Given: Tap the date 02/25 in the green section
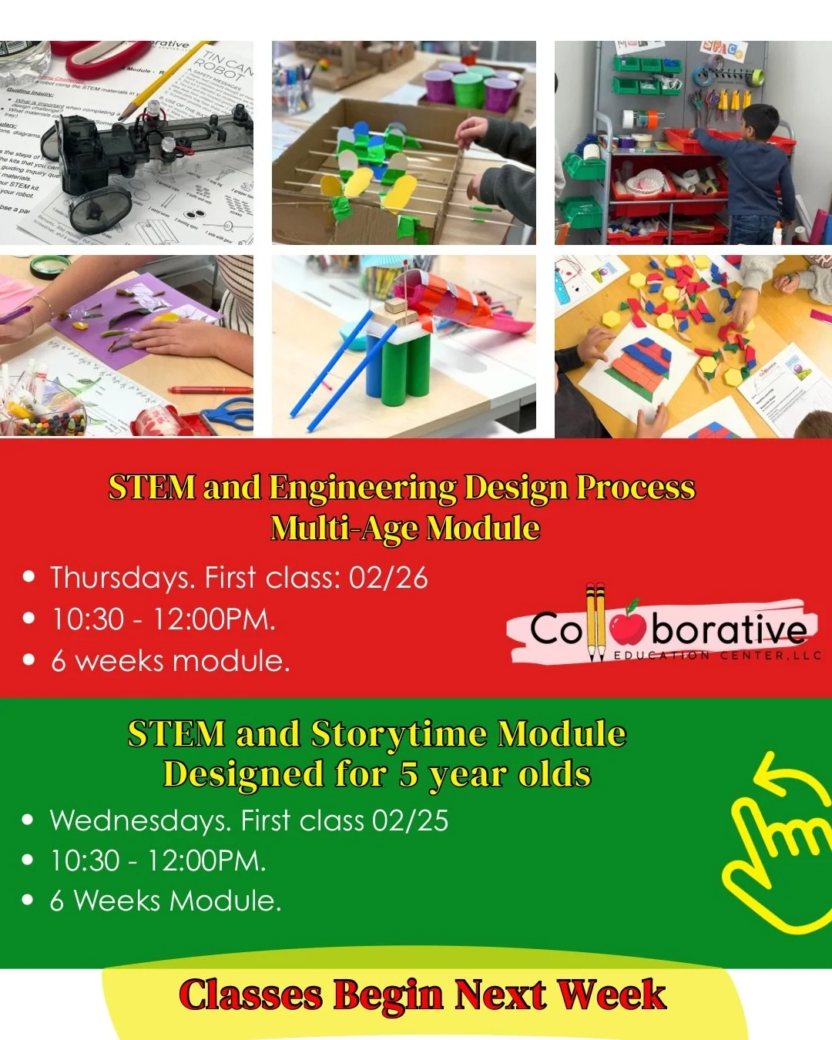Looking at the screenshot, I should [410, 820].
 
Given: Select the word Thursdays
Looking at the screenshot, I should [122, 578].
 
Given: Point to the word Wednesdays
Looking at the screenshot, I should [139, 820].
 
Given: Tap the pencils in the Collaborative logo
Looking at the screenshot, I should [595, 622].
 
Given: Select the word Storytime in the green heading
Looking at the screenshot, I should [398, 734].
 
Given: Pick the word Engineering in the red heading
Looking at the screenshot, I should [362, 488].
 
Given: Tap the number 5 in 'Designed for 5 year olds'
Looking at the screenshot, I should [408, 774].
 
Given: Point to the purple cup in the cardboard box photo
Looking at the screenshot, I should [439, 87].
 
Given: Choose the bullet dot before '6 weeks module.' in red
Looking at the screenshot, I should [29, 660].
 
